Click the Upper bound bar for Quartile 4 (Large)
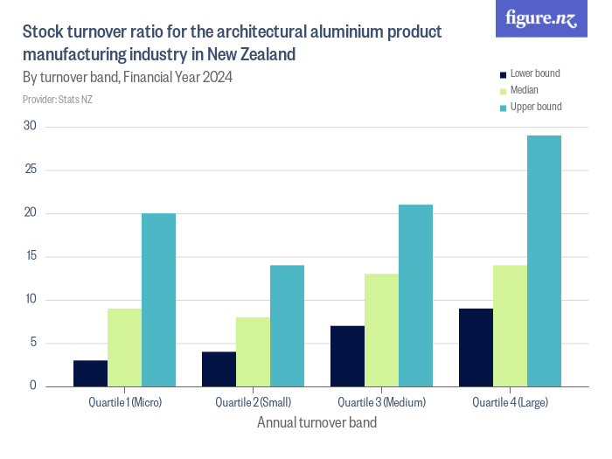544,261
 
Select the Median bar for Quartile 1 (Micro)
124,347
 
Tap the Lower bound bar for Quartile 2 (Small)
219,368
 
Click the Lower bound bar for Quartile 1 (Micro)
90,372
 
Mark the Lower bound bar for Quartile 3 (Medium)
347,356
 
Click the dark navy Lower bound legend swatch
503,74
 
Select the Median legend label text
524,90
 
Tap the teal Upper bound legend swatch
503,107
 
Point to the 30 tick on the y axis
30,126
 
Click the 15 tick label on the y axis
30,256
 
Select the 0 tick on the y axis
33,386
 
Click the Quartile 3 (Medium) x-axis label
381,402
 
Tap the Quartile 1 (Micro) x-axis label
125,402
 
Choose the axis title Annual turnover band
316,423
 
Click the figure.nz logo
541,18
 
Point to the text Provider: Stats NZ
57,100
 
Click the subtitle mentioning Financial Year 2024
127,77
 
